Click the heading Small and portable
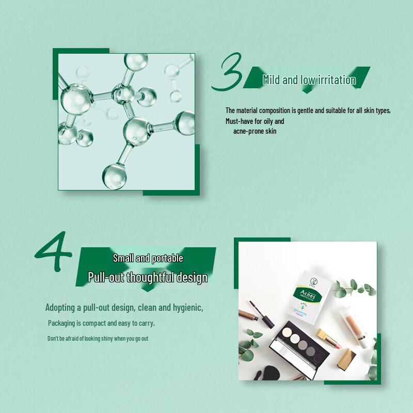(148, 258)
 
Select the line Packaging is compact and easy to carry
(101, 323)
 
